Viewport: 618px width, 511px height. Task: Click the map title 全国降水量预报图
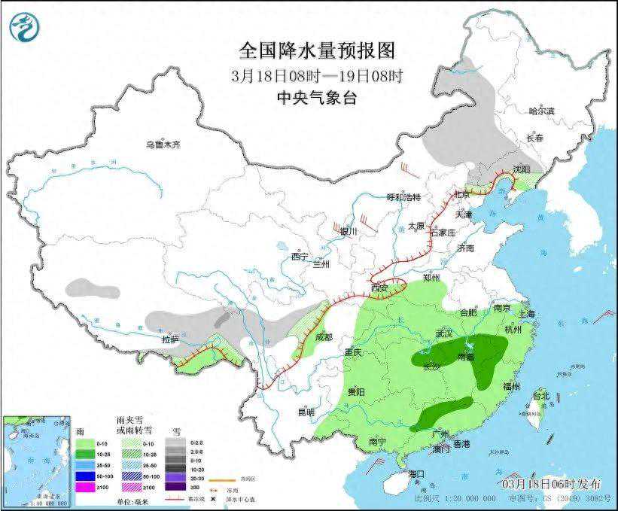(316, 50)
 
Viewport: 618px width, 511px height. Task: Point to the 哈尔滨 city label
(540, 111)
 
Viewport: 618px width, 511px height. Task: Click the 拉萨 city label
(170, 339)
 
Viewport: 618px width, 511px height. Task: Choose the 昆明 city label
(306, 412)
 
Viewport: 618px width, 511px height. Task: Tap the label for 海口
(416, 473)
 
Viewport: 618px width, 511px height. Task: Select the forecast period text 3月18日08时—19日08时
(317, 75)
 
